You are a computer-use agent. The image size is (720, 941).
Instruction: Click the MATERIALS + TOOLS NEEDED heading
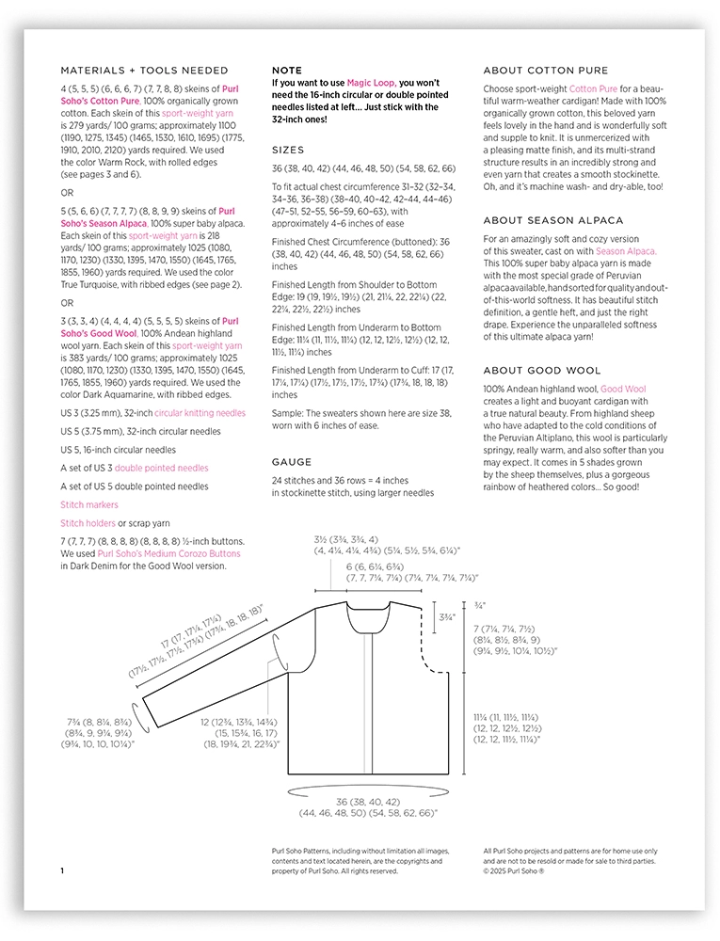(144, 70)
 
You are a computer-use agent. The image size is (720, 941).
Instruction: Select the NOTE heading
(287, 70)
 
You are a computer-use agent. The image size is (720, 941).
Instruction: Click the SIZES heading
(288, 150)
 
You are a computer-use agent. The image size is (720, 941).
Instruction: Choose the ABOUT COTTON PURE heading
(545, 70)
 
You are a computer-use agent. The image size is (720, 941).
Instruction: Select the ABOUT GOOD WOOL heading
(541, 371)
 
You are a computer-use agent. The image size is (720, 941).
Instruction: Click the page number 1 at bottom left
(62, 871)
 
